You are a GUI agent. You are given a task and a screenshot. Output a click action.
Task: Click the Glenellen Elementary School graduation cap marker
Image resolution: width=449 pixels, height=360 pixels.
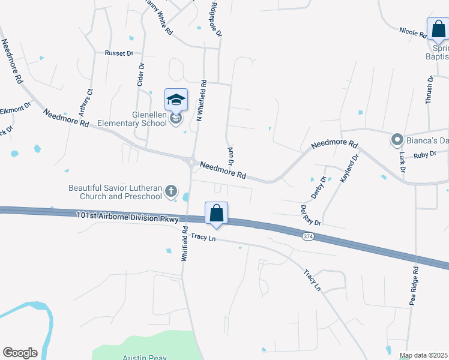[176, 100]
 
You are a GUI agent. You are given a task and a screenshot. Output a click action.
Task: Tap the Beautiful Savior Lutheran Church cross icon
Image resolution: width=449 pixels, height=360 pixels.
[171, 192]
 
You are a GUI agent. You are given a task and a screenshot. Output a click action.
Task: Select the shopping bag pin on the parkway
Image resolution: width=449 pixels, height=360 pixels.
[216, 214]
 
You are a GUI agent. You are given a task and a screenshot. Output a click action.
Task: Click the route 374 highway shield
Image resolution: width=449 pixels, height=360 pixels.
[308, 237]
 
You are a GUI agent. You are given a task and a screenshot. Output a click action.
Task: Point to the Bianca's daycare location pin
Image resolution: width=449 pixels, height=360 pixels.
[397, 140]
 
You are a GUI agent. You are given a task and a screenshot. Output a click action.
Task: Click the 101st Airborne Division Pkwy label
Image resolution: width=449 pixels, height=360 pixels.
[128, 217]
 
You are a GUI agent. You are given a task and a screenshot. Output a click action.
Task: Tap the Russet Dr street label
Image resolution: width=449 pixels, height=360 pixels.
[119, 53]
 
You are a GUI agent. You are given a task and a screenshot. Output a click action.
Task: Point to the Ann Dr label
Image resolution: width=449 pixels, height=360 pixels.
[230, 157]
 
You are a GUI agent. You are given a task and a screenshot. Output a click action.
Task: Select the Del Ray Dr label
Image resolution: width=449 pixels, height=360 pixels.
[310, 215]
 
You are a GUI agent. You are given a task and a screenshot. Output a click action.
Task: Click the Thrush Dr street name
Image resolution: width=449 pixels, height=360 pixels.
[429, 91]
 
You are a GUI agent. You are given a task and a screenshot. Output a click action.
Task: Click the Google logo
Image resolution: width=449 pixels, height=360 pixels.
[20, 353]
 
